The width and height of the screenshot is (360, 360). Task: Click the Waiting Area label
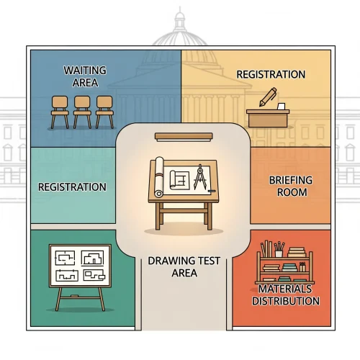(85, 76)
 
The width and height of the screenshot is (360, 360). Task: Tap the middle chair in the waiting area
(82, 112)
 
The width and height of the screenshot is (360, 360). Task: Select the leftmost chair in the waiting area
(60, 112)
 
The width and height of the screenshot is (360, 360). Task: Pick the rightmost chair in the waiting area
(104, 112)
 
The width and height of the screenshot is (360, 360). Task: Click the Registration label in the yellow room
(271, 74)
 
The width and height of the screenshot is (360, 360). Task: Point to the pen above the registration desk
(268, 96)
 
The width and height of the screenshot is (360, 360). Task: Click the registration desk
(268, 118)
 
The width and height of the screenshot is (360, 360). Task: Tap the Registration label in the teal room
(72, 187)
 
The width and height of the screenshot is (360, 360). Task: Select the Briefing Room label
(291, 186)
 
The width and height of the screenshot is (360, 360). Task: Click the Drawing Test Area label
(184, 266)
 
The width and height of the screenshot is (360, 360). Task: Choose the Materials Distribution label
(286, 294)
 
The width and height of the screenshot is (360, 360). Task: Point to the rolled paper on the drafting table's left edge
(159, 177)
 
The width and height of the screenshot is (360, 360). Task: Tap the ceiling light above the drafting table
(184, 137)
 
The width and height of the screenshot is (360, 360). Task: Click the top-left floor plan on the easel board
(65, 258)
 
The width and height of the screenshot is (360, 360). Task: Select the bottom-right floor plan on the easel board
(94, 275)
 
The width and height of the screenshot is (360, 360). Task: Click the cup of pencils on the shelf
(279, 250)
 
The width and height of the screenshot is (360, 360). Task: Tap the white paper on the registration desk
(281, 107)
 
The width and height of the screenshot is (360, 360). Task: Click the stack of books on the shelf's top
(297, 253)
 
